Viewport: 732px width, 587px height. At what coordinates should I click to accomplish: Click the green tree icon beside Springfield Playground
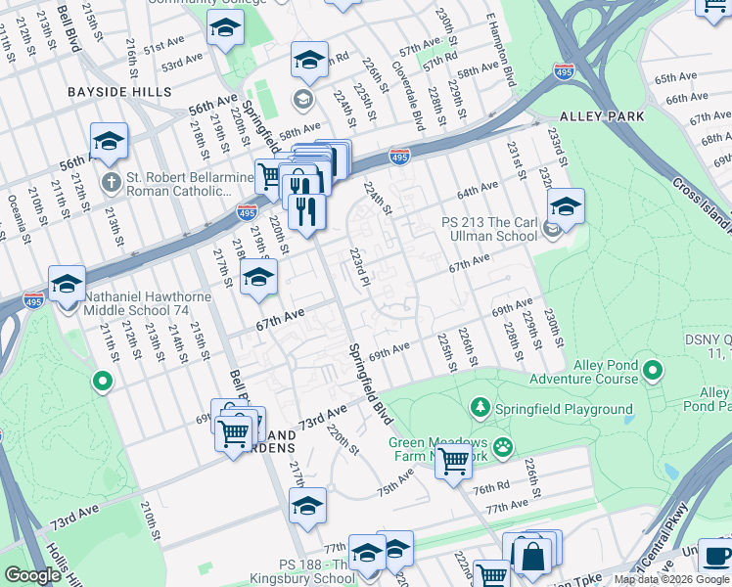pos(480,405)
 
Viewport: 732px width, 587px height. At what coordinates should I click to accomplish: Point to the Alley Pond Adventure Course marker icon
pos(654,370)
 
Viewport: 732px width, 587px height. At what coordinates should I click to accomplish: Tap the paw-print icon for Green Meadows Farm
pos(503,446)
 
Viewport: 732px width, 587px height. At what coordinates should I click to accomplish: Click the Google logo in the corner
pos(32,575)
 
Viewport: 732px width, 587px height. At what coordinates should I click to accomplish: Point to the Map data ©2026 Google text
pos(671,579)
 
